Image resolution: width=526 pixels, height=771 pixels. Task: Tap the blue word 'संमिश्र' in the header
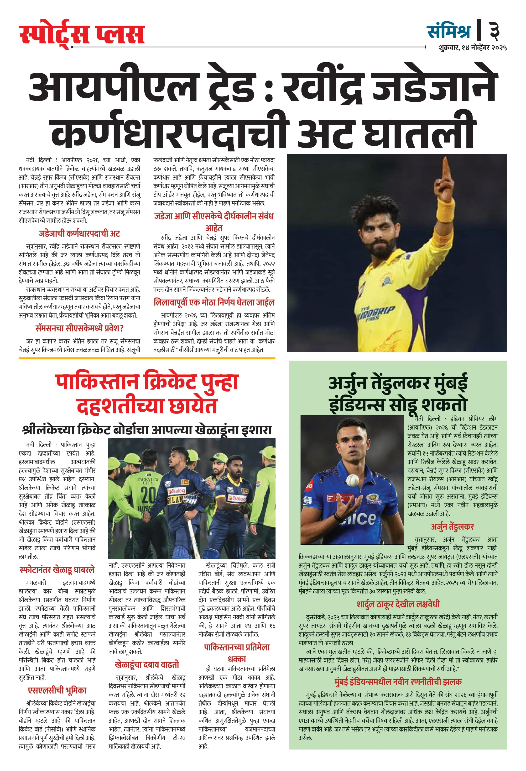448,31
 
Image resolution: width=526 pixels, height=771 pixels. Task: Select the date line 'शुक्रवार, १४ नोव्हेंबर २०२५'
472,48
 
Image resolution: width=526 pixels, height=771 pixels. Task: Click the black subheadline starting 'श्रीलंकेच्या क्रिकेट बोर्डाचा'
147,430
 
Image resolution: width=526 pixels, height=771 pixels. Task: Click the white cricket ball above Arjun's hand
352,480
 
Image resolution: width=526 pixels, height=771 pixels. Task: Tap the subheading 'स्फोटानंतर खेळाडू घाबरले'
57,570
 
